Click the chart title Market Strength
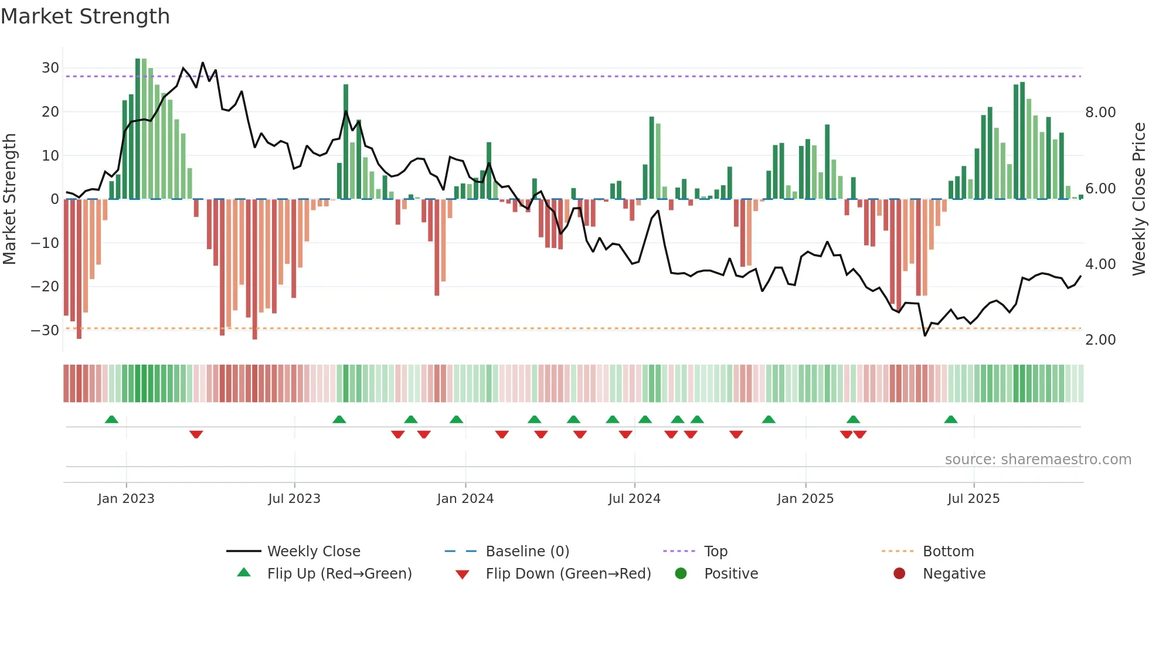(x=85, y=16)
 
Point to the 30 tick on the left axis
(x=50, y=68)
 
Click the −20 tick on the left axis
(x=45, y=287)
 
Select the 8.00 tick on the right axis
(x=1100, y=113)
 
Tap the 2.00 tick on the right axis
(x=1100, y=340)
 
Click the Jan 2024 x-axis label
(x=465, y=499)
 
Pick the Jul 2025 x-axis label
(x=973, y=499)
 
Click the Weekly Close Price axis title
(x=1138, y=199)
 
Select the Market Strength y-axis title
(x=9, y=199)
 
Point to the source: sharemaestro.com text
(x=1038, y=460)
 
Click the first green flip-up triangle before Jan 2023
(x=111, y=419)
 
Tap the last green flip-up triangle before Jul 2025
(x=951, y=419)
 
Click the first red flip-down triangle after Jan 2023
(x=196, y=434)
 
